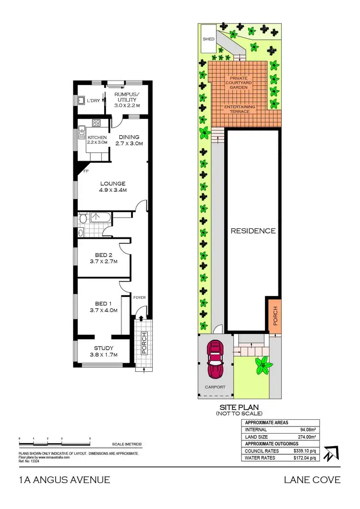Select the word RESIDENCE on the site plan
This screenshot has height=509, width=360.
pos(253,231)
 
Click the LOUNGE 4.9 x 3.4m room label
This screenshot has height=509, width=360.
pos(113,187)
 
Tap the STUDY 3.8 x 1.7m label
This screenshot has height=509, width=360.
pos(104,352)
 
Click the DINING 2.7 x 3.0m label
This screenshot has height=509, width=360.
pos(128,140)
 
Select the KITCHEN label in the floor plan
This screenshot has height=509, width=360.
pos(96,138)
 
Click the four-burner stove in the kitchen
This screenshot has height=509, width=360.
pos(96,123)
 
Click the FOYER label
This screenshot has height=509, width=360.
pos(140,297)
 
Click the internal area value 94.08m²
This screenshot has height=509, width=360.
pos(308,430)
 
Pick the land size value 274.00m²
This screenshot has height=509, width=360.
pos(306,437)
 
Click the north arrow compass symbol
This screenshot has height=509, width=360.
pos(331,453)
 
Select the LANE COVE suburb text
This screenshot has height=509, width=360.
pos(312,480)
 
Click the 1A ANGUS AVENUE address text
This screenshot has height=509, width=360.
pos(65,480)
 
